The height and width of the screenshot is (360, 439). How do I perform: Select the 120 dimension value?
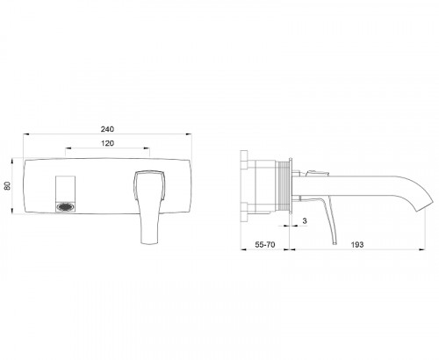[x=108, y=142]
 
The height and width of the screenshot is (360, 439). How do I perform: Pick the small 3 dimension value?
[x=304, y=225]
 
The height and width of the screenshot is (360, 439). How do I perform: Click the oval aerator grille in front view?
[x=67, y=209]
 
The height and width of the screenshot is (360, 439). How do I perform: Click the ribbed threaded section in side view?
[x=282, y=185]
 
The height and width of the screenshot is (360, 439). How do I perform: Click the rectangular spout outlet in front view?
[x=67, y=187]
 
